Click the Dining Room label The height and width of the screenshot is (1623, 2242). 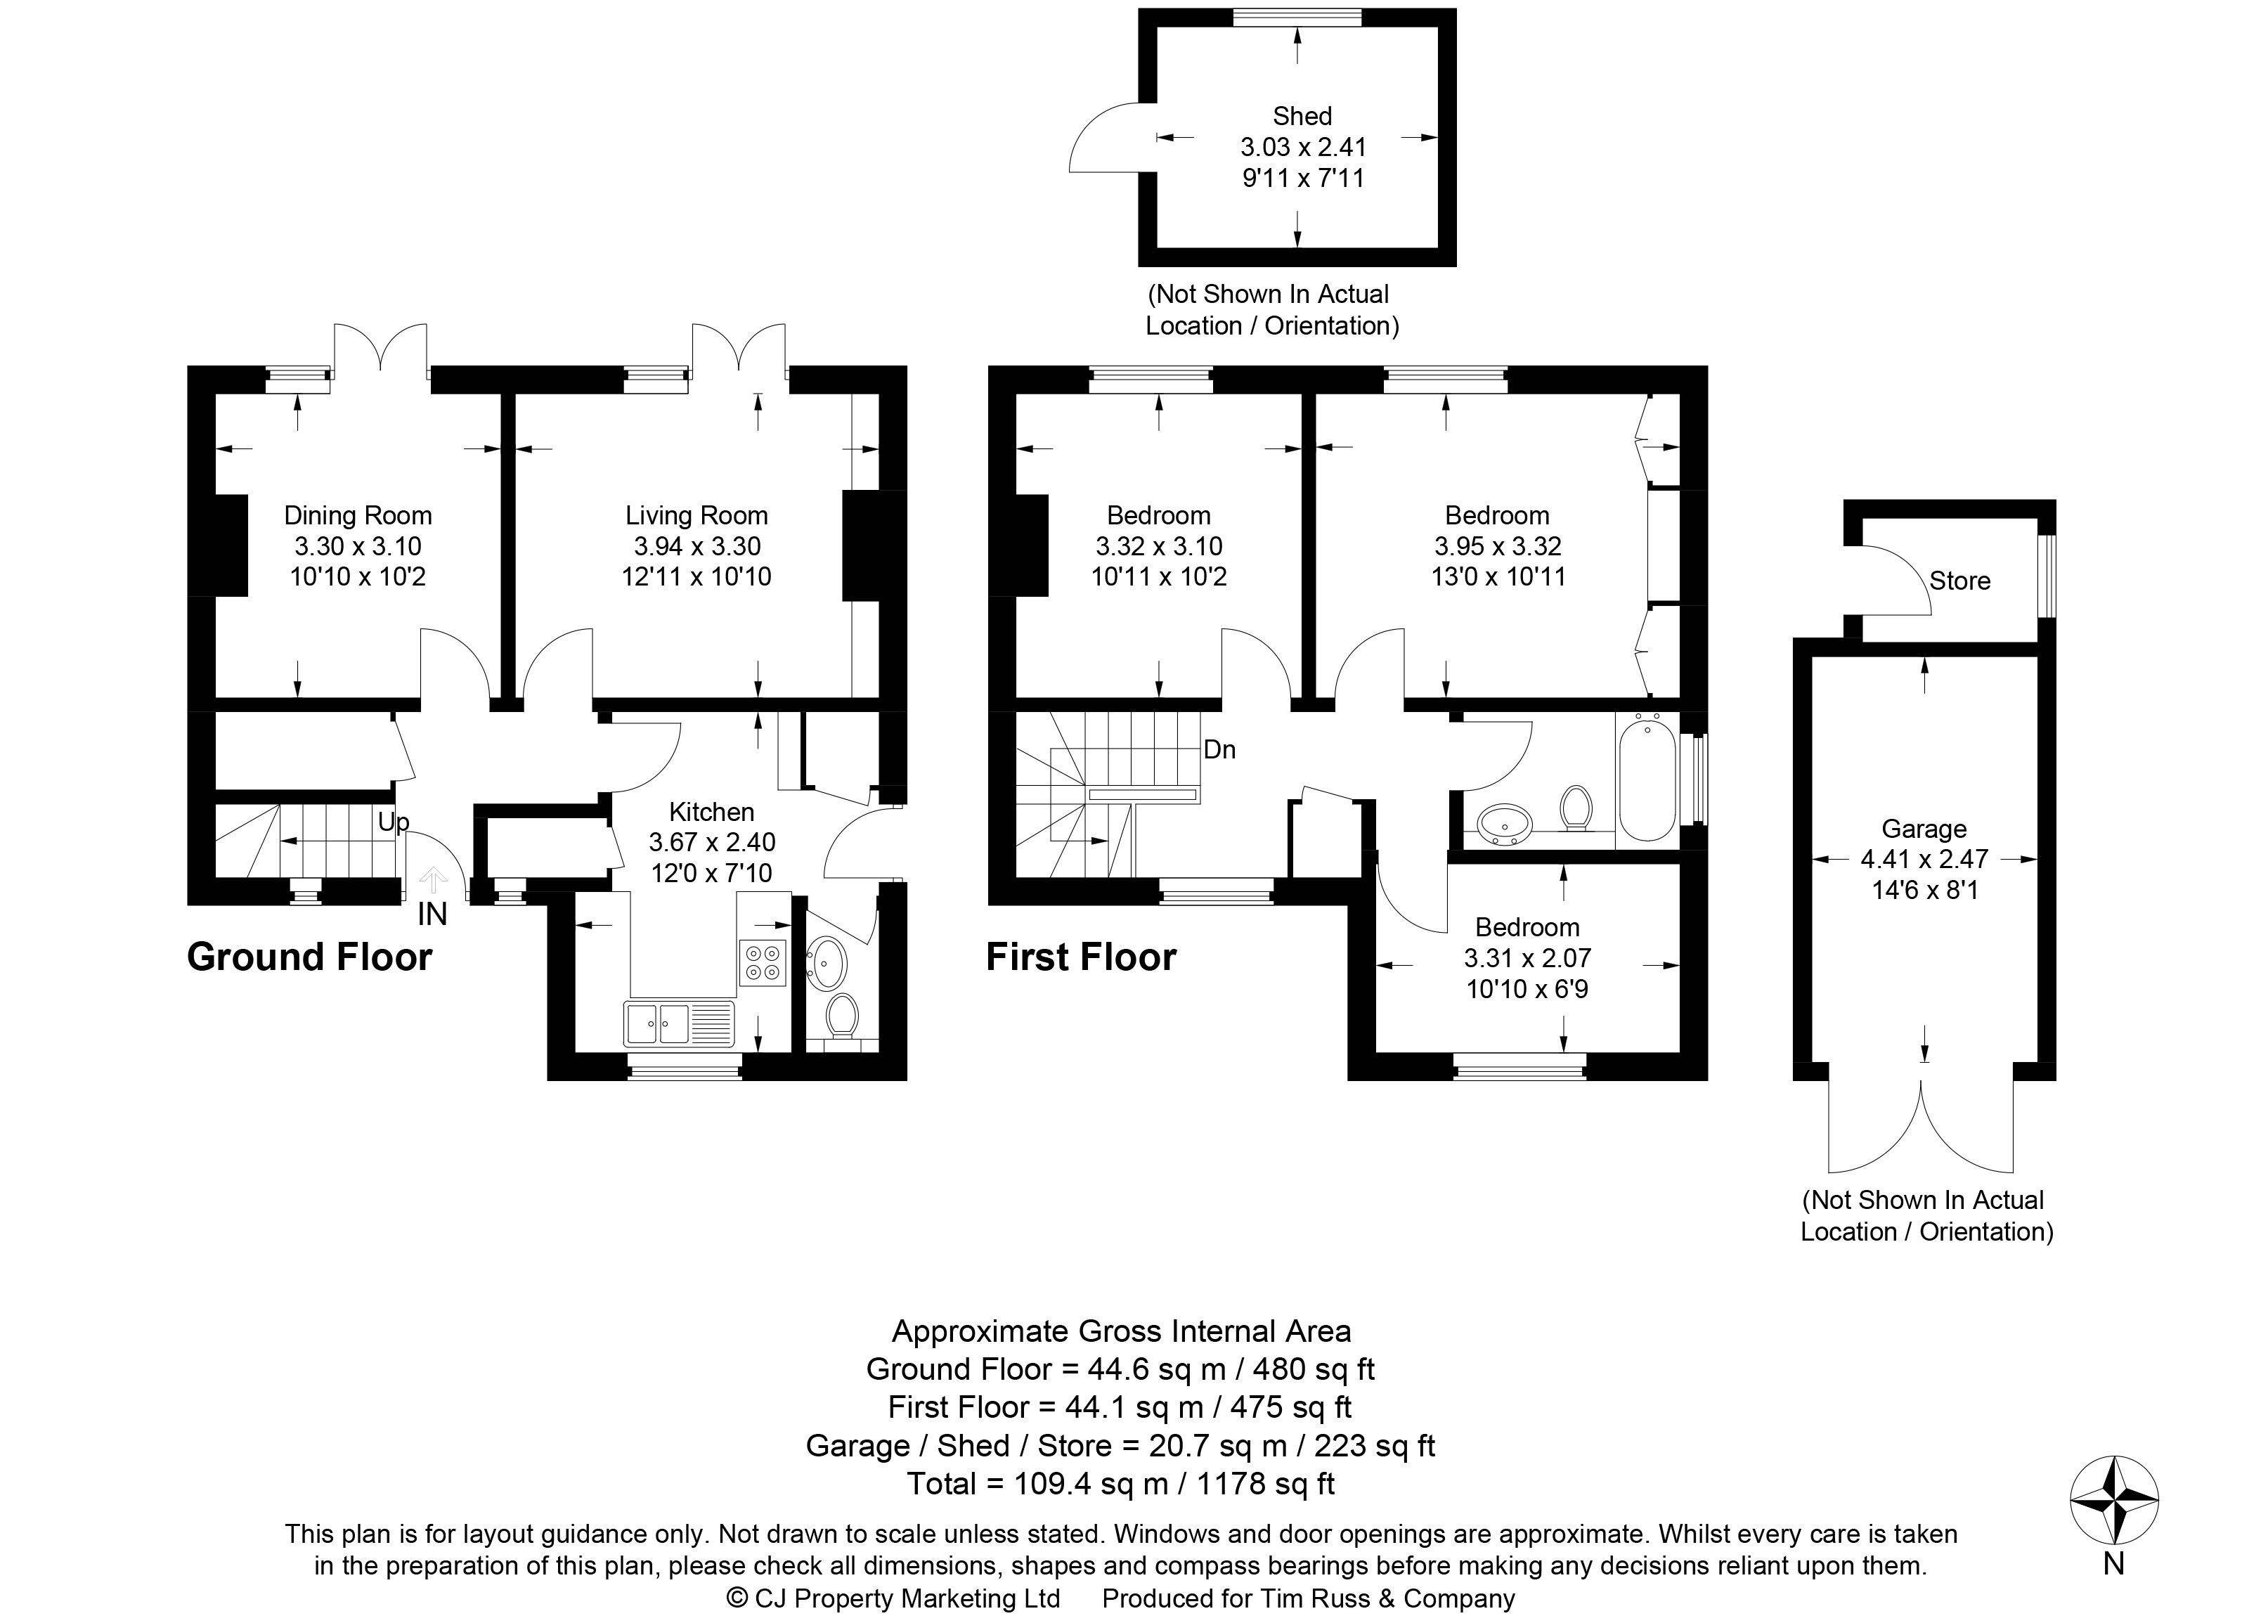[x=358, y=515]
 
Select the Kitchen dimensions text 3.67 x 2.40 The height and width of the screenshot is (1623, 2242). [x=712, y=842]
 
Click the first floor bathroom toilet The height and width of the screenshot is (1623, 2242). [x=1575, y=808]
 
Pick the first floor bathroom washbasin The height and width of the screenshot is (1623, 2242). [x=1505, y=822]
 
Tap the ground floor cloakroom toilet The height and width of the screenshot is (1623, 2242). [x=842, y=1015]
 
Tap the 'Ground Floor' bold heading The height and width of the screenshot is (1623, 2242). [x=309, y=957]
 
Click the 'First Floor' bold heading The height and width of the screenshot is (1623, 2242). [x=1082, y=957]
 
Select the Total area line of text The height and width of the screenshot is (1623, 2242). [x=1121, y=1484]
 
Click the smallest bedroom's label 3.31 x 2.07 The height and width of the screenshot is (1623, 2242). [x=1527, y=958]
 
